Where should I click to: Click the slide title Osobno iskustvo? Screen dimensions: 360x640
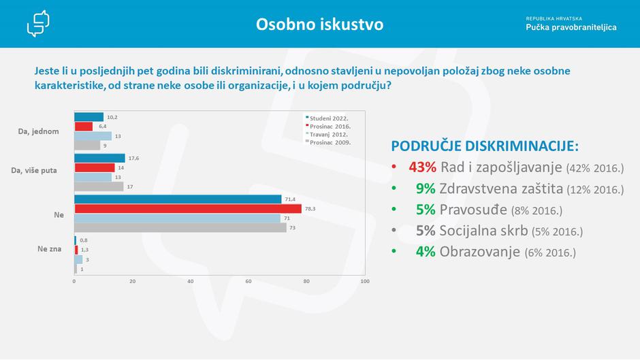319,24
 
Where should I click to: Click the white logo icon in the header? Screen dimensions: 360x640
38,24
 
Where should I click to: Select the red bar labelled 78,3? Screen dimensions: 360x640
187,208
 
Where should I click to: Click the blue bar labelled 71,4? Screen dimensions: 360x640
177,199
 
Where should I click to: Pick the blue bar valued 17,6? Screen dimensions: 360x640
99,158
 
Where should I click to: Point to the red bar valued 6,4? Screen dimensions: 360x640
83,126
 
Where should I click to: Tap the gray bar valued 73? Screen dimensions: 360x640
180,228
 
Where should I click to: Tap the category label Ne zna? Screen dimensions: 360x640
49,249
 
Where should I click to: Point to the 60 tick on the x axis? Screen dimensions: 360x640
249,281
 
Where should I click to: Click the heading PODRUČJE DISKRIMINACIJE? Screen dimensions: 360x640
485,147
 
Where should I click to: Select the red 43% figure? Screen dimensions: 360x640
422,167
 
